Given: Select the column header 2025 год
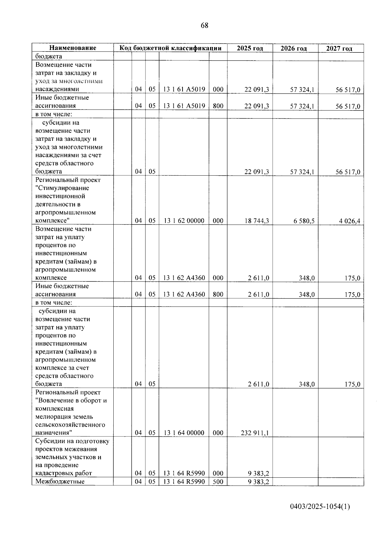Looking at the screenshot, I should point(250,48).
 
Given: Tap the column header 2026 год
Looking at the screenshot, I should point(294,49).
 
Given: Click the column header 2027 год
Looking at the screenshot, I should point(339,49).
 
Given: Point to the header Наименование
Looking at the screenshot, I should point(73,48).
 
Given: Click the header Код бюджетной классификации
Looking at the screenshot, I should point(170,48).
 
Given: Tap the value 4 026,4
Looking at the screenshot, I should point(349,221).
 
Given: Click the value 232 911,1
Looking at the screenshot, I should point(255,433).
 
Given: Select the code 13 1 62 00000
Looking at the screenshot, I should point(184,221).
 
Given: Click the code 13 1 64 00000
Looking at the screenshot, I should point(184,433).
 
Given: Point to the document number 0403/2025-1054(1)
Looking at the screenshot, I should point(320,507).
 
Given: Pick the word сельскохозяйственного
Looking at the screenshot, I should point(70,425).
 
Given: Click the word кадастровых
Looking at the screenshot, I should point(52,473).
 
